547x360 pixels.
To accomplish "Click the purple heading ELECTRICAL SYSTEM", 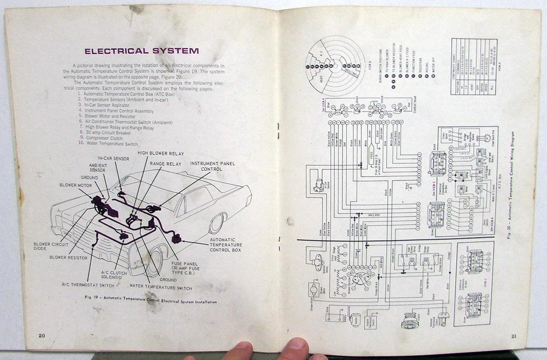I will click(x=141, y=52).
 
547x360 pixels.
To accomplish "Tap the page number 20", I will click(x=41, y=335).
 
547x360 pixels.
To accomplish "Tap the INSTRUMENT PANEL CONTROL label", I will click(x=213, y=166).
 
